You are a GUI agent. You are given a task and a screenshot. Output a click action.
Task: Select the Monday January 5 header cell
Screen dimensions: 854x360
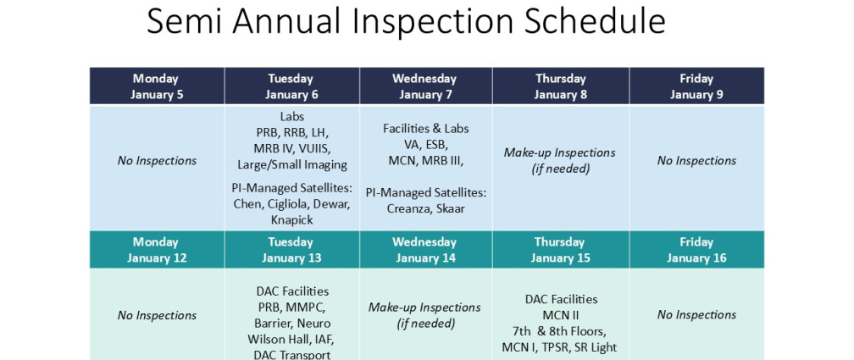[157, 86]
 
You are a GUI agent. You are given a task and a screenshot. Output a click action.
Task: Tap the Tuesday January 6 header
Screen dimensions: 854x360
[292, 86]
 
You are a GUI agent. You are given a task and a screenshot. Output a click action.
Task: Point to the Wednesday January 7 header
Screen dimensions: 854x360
[425, 86]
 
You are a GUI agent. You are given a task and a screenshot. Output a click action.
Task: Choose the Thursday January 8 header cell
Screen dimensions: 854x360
[561, 86]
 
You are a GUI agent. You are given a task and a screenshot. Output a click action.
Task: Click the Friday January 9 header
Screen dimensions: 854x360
[696, 86]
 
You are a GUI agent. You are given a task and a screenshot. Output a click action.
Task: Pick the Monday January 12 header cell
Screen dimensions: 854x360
[157, 249]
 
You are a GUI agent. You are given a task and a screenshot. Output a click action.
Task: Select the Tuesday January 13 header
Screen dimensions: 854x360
[292, 249]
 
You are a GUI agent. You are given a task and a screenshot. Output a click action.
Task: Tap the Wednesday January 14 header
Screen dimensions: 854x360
[425, 249]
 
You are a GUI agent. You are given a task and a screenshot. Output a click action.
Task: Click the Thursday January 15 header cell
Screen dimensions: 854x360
[561, 249]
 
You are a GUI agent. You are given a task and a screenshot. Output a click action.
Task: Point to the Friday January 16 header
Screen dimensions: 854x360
[696, 249]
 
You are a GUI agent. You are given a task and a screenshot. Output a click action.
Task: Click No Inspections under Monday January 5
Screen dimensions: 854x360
[157, 161]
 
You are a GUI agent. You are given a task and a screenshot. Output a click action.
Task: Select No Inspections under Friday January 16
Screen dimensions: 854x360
[696, 315]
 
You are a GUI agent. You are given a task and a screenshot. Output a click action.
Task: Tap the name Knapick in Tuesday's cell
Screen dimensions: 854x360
[292, 220]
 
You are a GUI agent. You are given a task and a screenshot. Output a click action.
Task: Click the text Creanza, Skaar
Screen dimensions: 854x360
[426, 208]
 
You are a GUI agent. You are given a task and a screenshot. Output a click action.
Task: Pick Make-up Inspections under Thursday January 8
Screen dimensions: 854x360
[560, 152]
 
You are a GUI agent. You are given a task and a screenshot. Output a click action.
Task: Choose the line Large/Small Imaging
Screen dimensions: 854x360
[292, 164]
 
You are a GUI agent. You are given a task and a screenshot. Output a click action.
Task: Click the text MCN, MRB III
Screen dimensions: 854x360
[426, 161]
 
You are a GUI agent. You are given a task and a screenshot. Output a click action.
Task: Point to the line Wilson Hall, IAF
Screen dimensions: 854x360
[291, 340]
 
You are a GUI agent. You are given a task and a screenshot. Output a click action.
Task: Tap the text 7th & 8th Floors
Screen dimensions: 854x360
[559, 331]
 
